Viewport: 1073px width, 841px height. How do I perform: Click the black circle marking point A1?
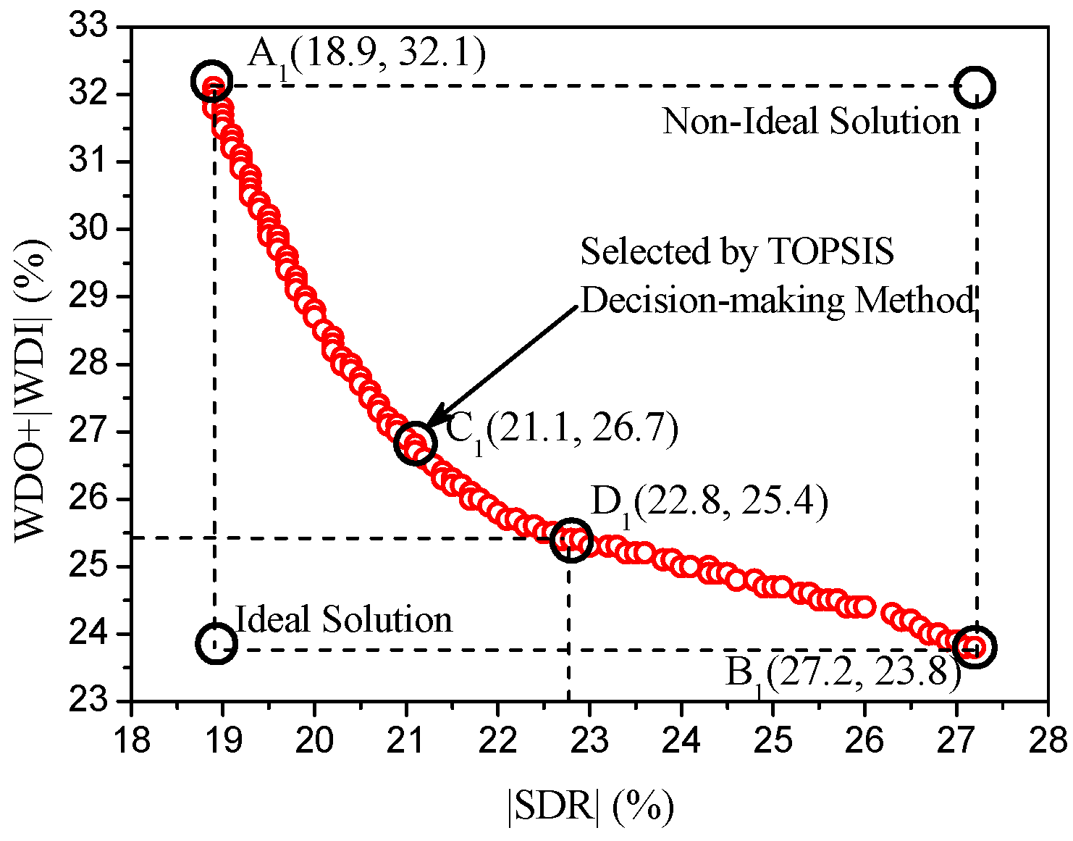tap(211, 81)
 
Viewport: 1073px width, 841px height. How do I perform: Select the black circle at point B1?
tap(975, 647)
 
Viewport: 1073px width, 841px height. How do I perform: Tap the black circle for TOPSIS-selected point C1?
tap(416, 443)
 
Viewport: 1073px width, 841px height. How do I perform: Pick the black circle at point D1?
tap(571, 540)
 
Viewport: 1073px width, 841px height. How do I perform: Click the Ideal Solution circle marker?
tap(216, 643)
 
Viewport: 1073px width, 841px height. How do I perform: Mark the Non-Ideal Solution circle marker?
tap(975, 87)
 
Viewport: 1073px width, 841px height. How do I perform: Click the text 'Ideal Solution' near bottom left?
tap(344, 620)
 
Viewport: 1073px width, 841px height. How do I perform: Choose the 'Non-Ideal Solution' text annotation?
tap(811, 121)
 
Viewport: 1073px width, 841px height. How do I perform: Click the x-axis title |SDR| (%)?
tap(590, 806)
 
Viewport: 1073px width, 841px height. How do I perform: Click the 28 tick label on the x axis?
tap(1048, 740)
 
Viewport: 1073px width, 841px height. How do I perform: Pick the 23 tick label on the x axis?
tap(589, 740)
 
